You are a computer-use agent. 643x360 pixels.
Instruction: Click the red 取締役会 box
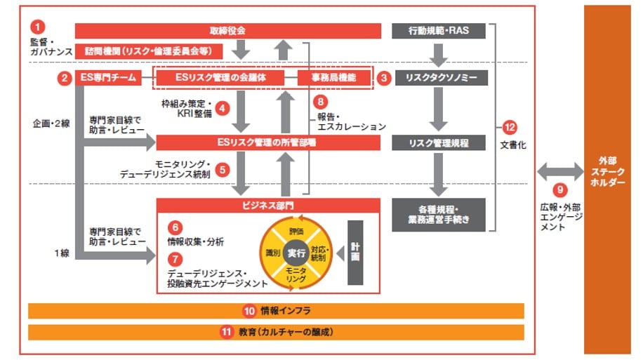click(227, 31)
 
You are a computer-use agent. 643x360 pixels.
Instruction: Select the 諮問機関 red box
click(149, 51)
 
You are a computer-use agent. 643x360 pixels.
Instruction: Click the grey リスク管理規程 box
click(438, 143)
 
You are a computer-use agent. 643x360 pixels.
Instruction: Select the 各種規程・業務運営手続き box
click(438, 214)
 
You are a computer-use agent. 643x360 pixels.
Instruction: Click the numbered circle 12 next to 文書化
click(510, 128)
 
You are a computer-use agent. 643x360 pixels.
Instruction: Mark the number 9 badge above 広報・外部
click(559, 189)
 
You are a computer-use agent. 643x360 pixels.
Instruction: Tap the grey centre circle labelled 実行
click(296, 253)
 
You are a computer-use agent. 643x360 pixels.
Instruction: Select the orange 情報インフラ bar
click(276, 311)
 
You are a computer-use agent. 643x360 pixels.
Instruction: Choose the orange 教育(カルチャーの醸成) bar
click(276, 332)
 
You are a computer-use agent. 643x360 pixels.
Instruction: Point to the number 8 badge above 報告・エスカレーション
click(321, 102)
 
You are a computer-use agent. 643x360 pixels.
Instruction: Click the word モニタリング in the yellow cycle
click(296, 274)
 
